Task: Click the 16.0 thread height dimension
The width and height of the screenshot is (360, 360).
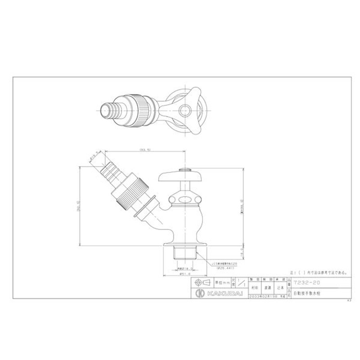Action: (x=242, y=253)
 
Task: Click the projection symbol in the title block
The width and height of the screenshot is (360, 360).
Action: (x=201, y=283)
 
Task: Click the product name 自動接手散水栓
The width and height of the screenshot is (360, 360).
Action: (x=306, y=293)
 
